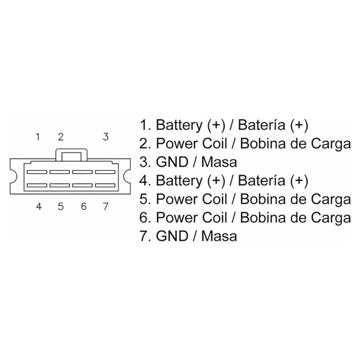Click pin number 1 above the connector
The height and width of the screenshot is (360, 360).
tap(38, 137)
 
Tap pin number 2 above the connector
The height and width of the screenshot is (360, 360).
tap(61, 137)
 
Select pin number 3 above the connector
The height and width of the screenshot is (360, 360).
tap(105, 137)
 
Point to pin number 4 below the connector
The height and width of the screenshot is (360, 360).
tap(39, 207)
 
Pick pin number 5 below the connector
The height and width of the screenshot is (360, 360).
tap(61, 207)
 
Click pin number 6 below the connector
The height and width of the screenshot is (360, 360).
tap(84, 207)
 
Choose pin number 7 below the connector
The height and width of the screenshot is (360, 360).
tap(105, 207)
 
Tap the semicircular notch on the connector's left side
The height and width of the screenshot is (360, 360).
tap(15, 176)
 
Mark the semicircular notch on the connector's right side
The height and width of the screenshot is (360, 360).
tap(127, 176)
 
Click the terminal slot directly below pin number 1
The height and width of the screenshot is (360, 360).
tap(37, 172)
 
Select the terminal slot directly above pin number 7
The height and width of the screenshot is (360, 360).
tap(105, 185)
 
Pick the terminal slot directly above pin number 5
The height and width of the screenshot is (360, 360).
tap(60, 185)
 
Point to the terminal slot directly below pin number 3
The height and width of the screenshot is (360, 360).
tap(105, 172)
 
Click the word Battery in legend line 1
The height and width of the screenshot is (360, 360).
tap(179, 126)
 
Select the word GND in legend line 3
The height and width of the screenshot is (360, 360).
tap(172, 162)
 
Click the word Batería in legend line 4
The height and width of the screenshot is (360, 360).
tap(261, 180)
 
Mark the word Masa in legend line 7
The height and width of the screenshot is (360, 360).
tap(219, 236)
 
